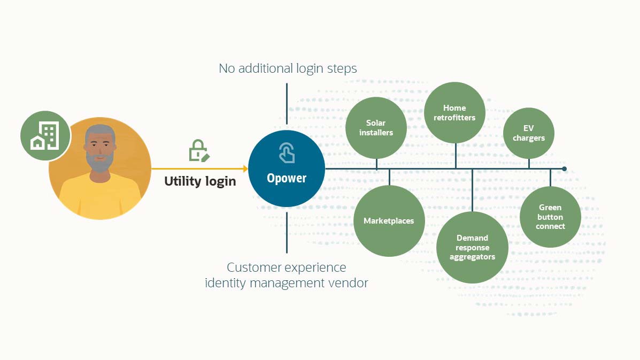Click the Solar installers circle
pyautogui.click(x=376, y=128)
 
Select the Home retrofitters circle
pyautogui.click(x=454, y=113)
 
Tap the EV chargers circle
pyautogui.click(x=529, y=133)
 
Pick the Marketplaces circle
pyautogui.click(x=389, y=220)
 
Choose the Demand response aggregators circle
pyautogui.click(x=472, y=247)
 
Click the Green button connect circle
pyautogui.click(x=550, y=217)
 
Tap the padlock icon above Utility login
pyautogui.click(x=198, y=151)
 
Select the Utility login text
pyautogui.click(x=200, y=181)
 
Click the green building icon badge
pyautogui.click(x=45, y=136)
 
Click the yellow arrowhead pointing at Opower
pyautogui.click(x=245, y=169)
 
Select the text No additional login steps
pyautogui.click(x=288, y=68)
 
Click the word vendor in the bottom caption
pyautogui.click(x=348, y=282)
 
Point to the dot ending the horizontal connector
pyautogui.click(x=564, y=168)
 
